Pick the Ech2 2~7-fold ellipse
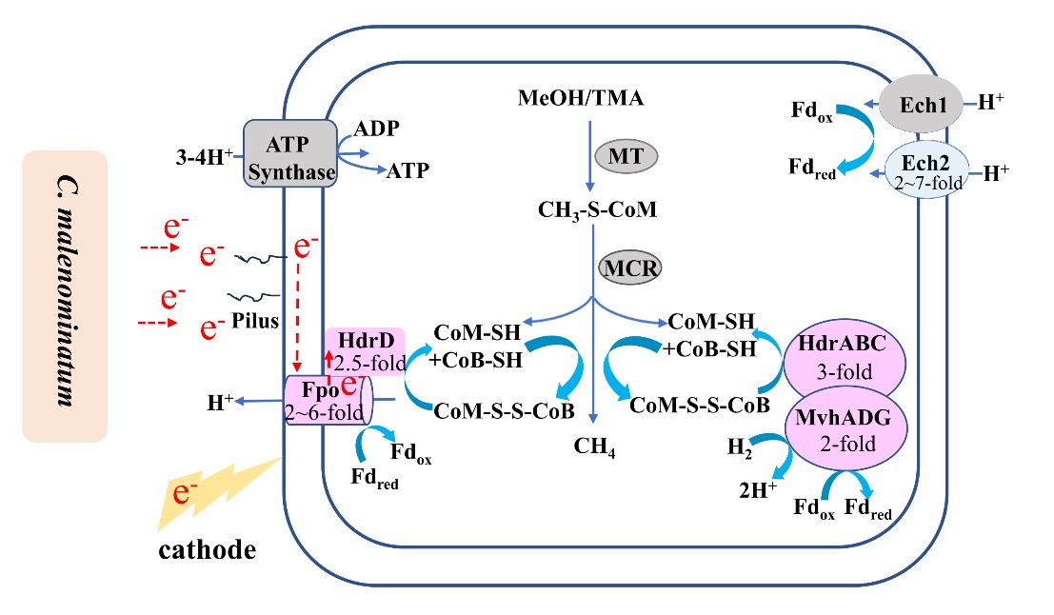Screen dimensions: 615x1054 (928, 170)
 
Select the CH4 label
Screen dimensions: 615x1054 (595, 446)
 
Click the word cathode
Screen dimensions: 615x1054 (209, 549)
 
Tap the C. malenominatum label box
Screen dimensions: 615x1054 (65, 296)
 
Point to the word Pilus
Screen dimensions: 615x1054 (254, 323)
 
